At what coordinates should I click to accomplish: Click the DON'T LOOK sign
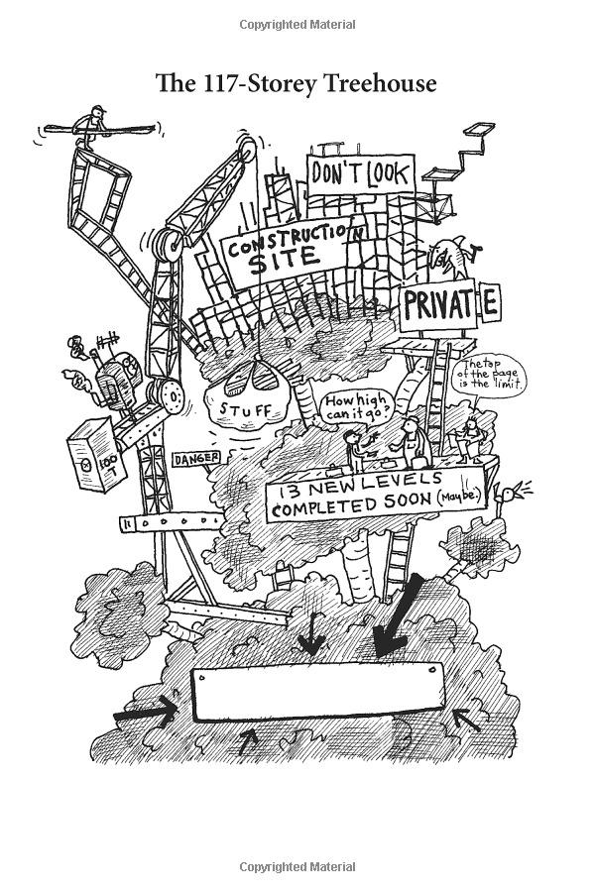[x=359, y=174]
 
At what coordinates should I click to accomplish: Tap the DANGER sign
[x=195, y=459]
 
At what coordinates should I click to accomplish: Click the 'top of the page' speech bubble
[x=490, y=376]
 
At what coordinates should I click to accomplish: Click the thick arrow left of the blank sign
[x=145, y=710]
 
